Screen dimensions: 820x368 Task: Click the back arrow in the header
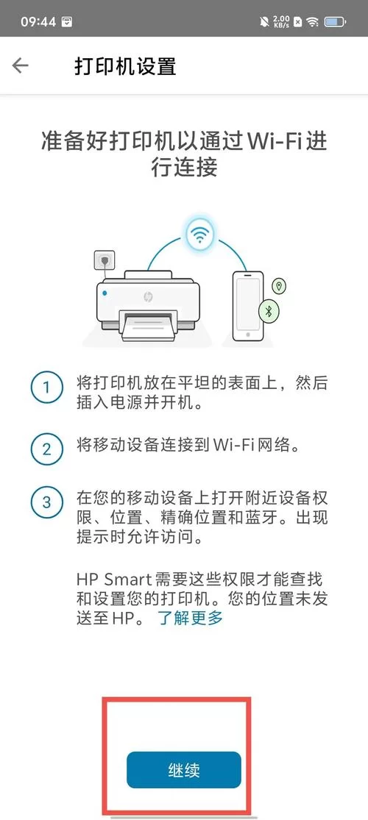click(x=21, y=65)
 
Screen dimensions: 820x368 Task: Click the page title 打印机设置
click(x=125, y=65)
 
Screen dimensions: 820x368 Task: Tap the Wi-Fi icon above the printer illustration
click(x=198, y=235)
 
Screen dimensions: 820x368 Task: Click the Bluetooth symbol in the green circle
click(x=269, y=310)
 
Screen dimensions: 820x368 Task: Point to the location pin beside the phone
click(x=279, y=286)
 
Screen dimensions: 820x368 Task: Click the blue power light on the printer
click(x=105, y=293)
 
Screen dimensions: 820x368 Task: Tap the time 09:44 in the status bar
click(x=38, y=21)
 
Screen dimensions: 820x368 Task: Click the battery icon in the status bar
click(x=336, y=21)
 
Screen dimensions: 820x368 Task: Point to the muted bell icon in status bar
click(x=263, y=21)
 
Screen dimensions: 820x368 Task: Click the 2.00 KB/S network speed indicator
click(x=280, y=21)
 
